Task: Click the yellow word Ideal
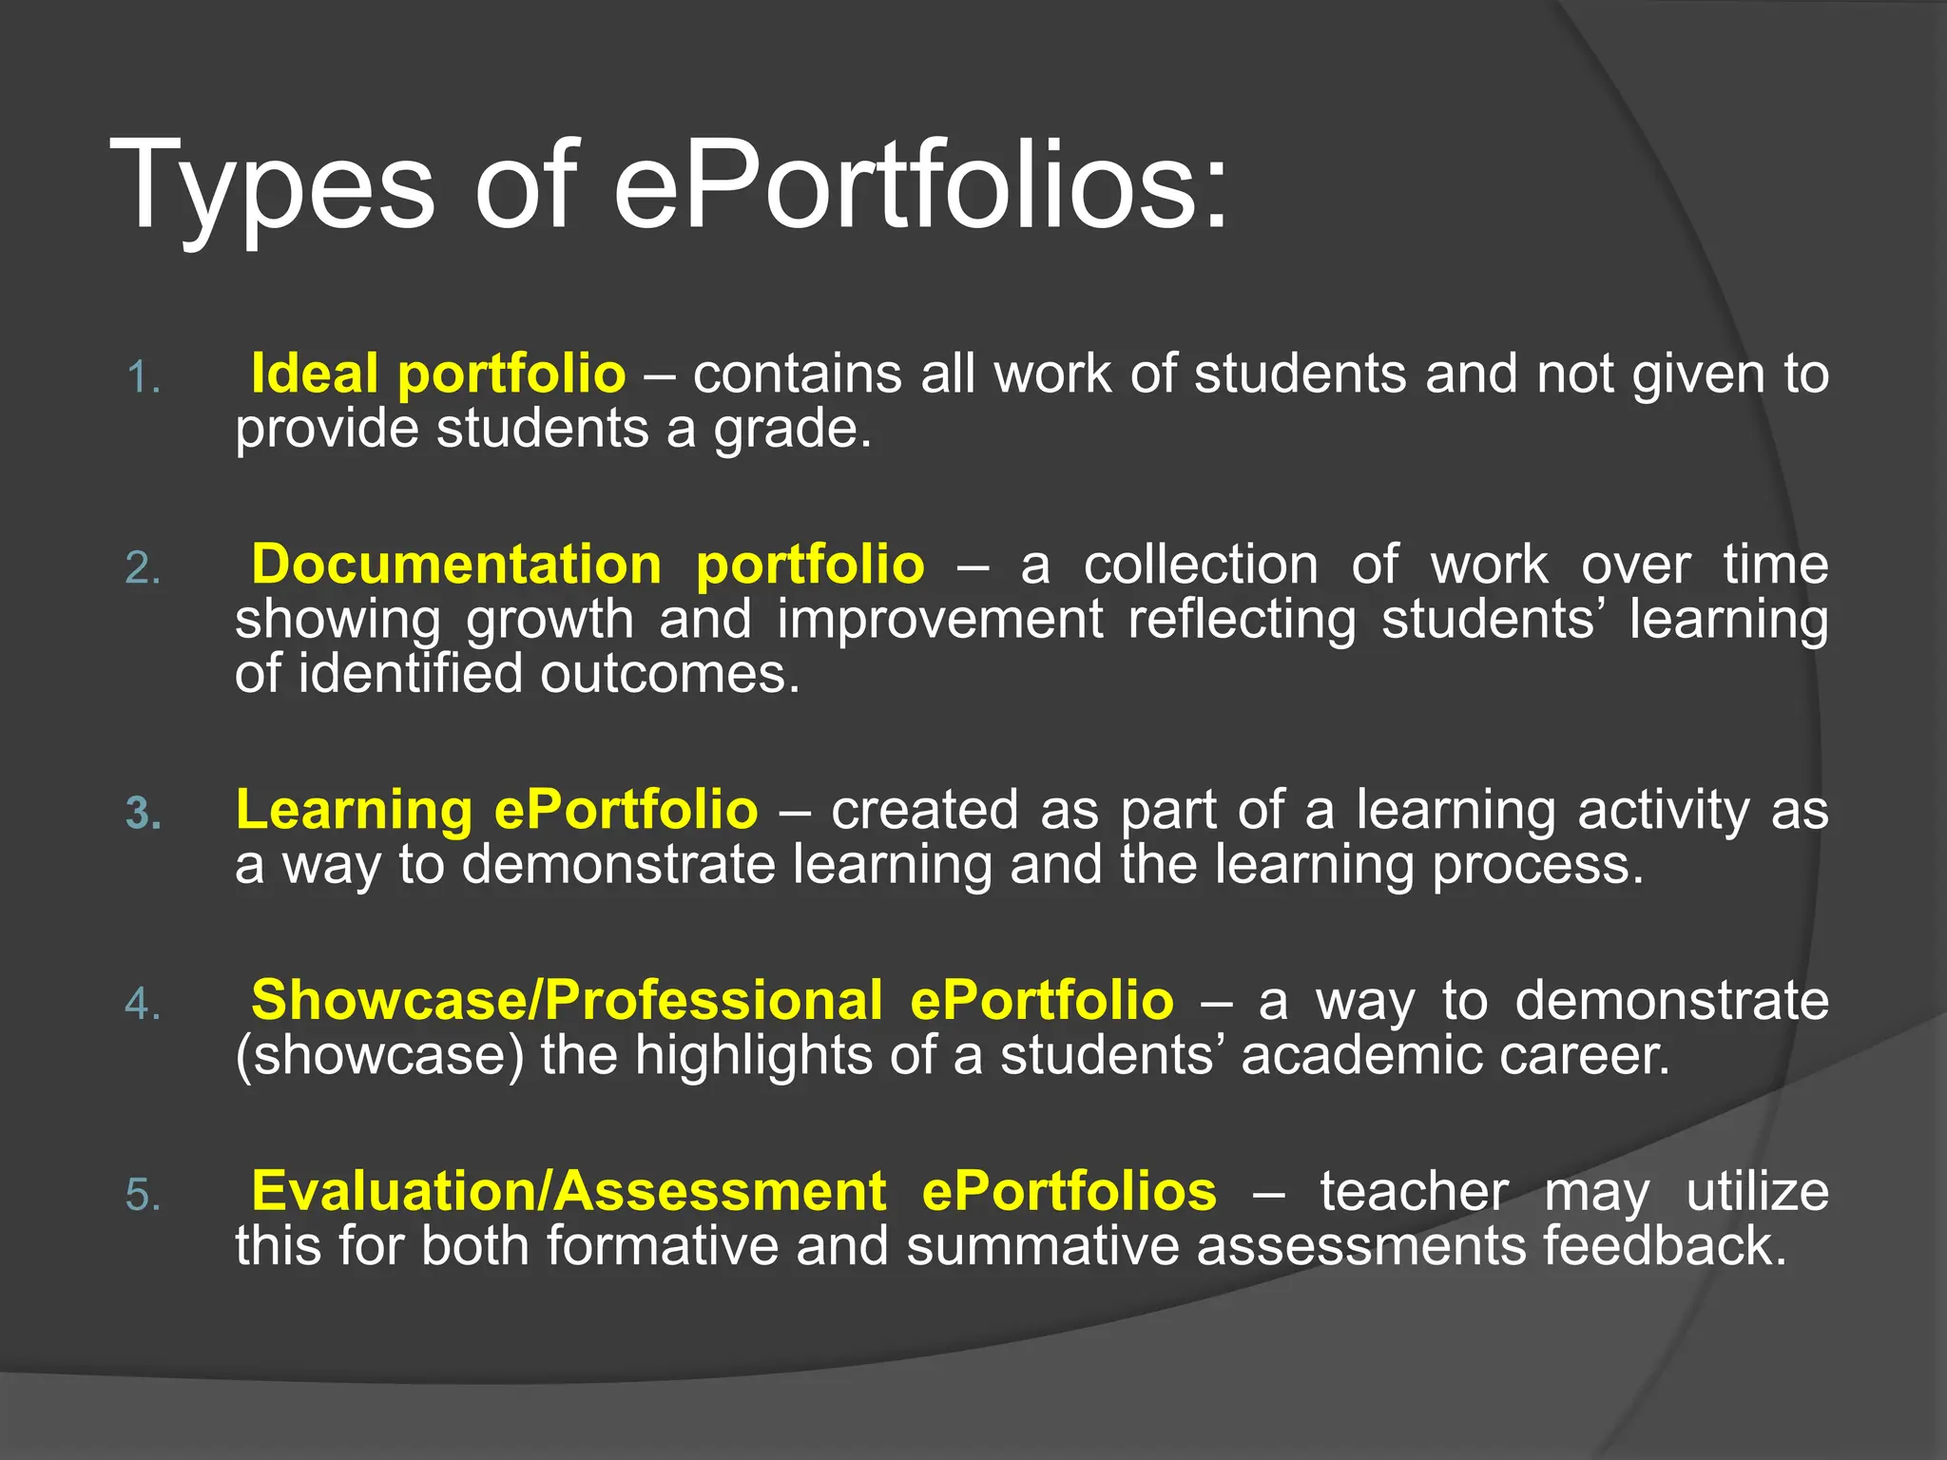315,373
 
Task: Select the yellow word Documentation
456,565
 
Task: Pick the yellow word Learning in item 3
354,810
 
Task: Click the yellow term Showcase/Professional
567,1000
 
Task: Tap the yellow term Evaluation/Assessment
569,1191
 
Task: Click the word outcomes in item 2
669,674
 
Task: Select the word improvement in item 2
939,620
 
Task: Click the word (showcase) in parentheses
380,1056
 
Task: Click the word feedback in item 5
1664,1246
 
